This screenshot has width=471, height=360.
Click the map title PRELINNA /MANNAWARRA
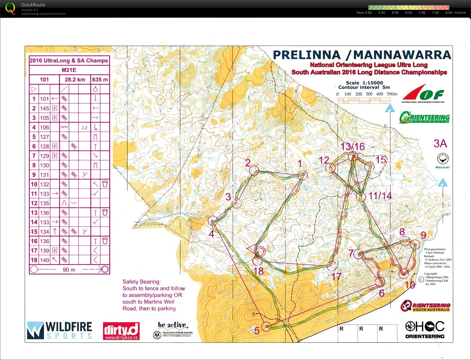(362, 55)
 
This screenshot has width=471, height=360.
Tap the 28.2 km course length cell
(75, 80)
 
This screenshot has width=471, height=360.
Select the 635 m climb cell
(100, 80)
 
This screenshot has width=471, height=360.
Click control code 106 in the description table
(45, 127)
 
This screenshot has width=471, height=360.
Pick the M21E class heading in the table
(69, 70)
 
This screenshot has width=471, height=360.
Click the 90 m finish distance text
(69, 270)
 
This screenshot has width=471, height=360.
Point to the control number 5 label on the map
(257, 331)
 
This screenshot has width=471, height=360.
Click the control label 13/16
(353, 147)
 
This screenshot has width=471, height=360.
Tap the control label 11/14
(380, 196)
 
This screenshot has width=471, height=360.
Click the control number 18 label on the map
(259, 271)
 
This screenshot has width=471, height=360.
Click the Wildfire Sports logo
(59, 330)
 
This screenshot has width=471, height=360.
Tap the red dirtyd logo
(121, 331)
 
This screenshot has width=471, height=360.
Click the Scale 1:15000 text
(364, 83)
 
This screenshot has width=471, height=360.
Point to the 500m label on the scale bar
(392, 94)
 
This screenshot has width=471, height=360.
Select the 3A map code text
(440, 144)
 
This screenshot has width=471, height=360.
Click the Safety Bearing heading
(141, 282)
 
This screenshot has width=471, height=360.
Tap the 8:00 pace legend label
(448, 13)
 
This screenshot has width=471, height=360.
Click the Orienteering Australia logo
(424, 117)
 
